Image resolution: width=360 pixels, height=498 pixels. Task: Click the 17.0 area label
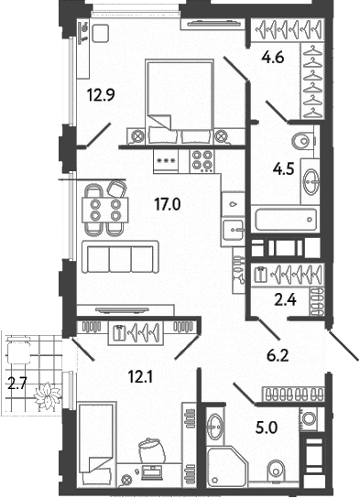pos(167,204)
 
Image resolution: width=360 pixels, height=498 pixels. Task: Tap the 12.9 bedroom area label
pos(101,94)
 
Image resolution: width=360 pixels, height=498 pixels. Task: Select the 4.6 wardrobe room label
pos(273,58)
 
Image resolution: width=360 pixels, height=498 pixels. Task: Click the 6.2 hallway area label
pos(278,356)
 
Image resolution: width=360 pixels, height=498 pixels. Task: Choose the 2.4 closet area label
pos(285,299)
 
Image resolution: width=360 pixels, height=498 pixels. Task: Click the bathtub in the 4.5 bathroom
pos(285,219)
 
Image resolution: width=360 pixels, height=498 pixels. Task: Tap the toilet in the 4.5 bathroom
pos(303,141)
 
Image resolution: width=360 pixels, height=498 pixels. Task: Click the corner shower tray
pos(226,466)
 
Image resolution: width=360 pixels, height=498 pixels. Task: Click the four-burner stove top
pos(202,160)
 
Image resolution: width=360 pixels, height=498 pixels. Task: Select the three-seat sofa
pos(120,256)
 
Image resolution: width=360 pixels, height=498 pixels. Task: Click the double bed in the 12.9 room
pos(180,103)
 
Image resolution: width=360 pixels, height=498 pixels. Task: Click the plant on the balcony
pos(48,395)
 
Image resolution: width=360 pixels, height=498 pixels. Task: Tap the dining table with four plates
pos(105,210)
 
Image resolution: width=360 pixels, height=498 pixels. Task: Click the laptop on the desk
pos(151,472)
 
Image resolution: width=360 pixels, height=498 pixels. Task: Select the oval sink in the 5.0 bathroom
pos(214,425)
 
